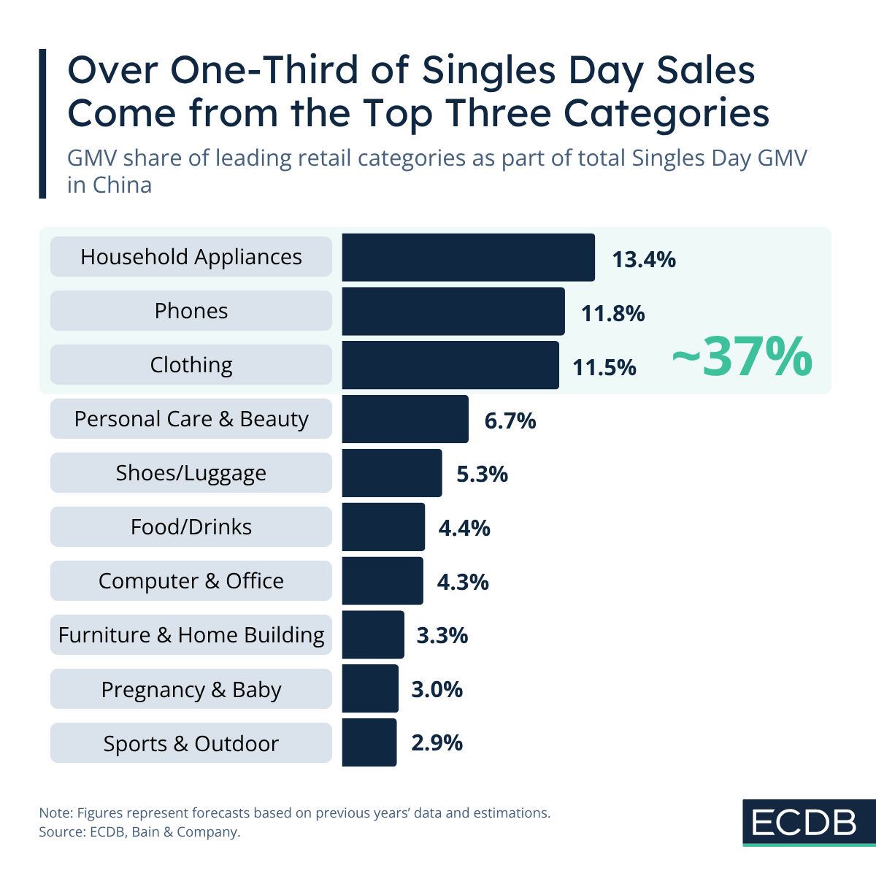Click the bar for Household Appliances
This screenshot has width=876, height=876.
click(x=468, y=258)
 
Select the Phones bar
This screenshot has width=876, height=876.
click(x=453, y=312)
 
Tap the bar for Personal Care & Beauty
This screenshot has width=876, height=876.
click(x=405, y=420)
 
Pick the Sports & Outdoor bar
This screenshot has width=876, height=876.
click(x=369, y=743)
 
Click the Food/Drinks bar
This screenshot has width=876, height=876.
click(x=383, y=527)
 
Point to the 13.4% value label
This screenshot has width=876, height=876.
click(x=644, y=259)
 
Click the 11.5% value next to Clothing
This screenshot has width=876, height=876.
click(x=604, y=367)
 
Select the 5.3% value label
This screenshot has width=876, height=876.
click(x=482, y=474)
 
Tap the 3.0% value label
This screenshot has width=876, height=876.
click(x=437, y=690)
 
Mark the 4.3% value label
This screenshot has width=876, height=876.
click(x=463, y=583)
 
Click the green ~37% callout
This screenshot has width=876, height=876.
click(x=741, y=358)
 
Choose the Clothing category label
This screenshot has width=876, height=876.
click(x=191, y=365)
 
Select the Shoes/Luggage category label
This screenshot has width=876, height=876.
click(x=191, y=473)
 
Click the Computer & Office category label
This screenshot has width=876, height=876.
click(x=191, y=581)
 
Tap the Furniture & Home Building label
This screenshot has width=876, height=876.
click(x=191, y=635)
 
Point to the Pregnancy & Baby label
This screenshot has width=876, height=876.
click(x=191, y=690)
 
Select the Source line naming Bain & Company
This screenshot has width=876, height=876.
click(x=139, y=832)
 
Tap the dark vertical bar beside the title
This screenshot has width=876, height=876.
click(x=42, y=123)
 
